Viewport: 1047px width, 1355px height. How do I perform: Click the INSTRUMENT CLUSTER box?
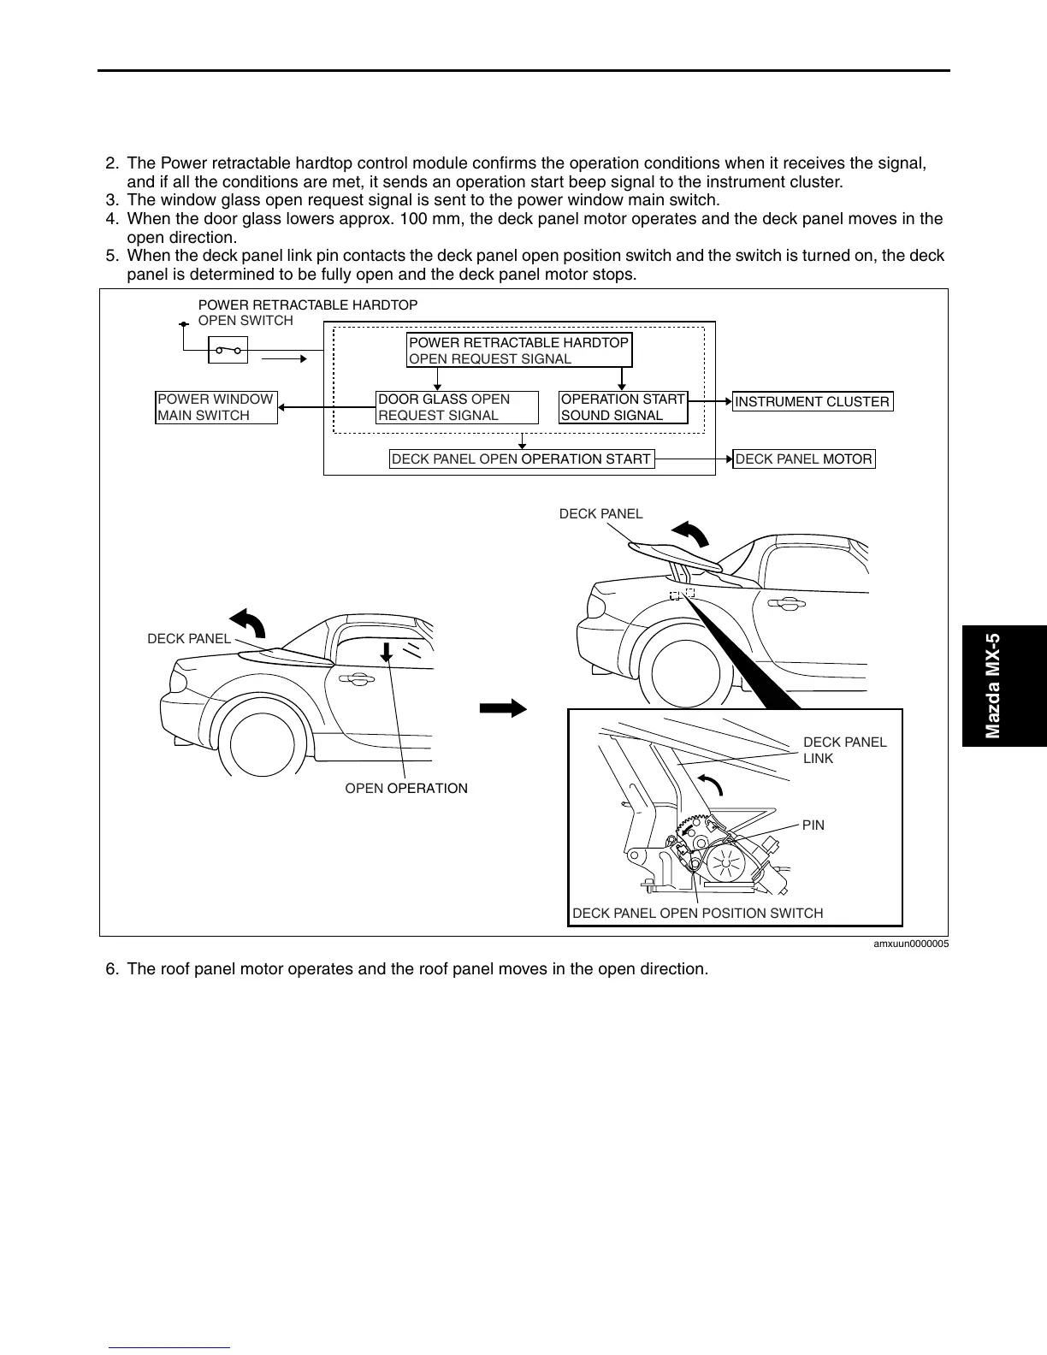813,401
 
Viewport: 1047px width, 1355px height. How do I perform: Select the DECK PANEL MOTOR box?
804,459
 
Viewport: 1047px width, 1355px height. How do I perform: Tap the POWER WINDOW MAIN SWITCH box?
216,407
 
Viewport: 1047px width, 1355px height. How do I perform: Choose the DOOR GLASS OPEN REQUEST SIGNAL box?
458,407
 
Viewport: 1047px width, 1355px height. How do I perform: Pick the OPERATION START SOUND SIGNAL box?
624,407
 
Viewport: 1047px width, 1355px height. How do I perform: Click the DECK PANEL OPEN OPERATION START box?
522,459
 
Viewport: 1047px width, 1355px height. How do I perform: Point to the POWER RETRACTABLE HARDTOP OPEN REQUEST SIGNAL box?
519,350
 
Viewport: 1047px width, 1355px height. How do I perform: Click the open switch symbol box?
228,350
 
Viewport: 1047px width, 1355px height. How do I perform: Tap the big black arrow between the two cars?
503,707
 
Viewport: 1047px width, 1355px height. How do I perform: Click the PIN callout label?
813,825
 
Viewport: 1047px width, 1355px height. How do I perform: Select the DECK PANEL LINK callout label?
844,750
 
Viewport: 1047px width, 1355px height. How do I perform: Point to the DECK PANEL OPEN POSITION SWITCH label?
697,914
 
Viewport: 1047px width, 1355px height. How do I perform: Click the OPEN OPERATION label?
406,789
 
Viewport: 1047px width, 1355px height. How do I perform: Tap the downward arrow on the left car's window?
387,653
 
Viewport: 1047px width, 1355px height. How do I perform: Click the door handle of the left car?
357,679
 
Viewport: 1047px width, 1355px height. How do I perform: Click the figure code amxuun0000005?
910,944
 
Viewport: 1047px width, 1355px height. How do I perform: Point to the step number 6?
111,970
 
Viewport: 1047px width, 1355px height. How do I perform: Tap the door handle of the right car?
784,605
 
